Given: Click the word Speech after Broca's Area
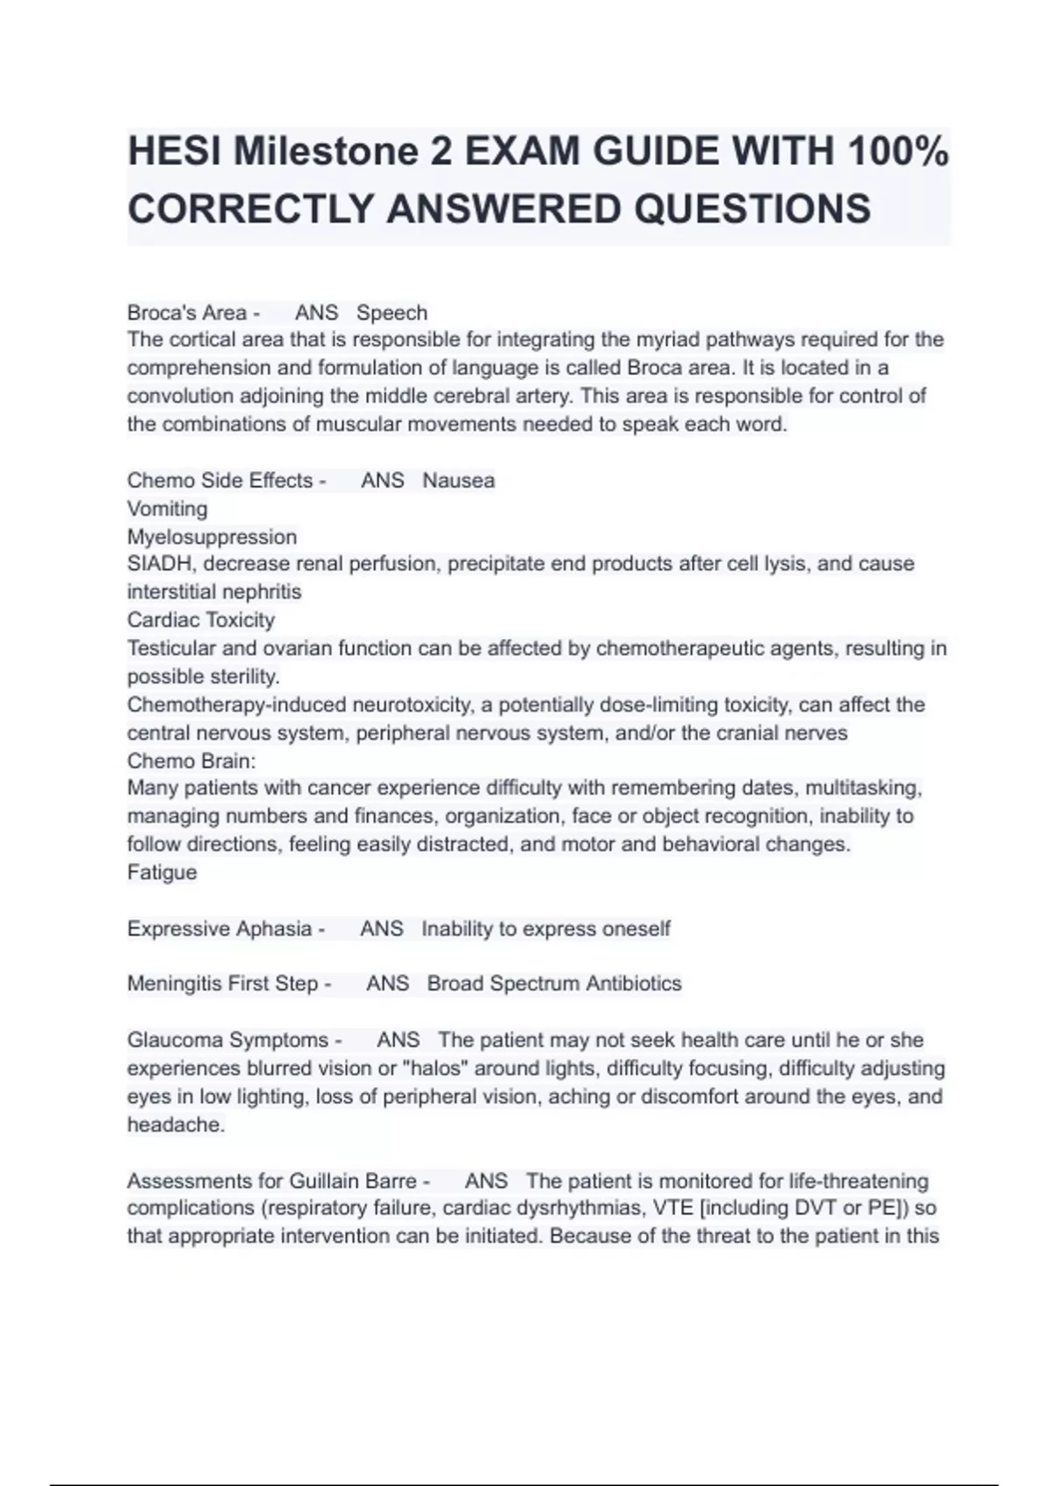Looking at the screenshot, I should pos(392,313).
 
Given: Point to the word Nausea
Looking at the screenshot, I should pos(458,481).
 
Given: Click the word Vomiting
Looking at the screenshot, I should pos(167,509).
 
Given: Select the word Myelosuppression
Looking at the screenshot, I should pos(212,537).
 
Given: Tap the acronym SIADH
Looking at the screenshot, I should pos(159,564).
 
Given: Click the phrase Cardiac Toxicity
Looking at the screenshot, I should pos(201,620).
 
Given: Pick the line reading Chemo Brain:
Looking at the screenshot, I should pos(191,760).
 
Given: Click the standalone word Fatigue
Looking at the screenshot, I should pos(162,872).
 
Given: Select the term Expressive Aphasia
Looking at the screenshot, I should pos(219,928).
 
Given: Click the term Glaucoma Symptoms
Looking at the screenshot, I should pos(227,1040).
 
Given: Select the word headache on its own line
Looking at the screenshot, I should pos(176,1125).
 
